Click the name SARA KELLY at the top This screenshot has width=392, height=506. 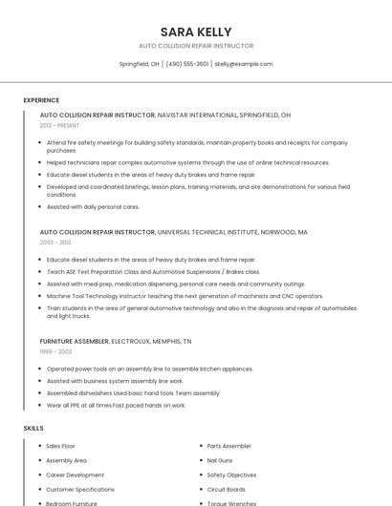coord(196,32)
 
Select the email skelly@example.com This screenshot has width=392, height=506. coord(243,64)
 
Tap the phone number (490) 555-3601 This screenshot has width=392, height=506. coord(186,64)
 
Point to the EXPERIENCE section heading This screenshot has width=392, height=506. coord(41,100)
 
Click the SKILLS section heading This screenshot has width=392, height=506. coord(33,429)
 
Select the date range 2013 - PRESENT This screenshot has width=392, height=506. coord(59,125)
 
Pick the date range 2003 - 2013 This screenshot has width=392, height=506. coord(55,242)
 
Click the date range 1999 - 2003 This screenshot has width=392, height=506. coord(55,351)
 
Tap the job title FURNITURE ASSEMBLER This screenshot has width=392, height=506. coord(74,341)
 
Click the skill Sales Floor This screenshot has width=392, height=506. coord(60,446)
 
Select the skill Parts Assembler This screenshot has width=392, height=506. coord(229,446)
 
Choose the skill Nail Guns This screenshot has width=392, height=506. coord(220,460)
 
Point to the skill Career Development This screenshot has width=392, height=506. coord(75,474)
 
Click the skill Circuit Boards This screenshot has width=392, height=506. coord(226,489)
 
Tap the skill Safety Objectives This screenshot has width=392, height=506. coord(231,474)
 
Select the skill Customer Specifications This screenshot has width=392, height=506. coord(80,489)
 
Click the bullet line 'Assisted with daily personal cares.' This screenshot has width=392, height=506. coord(93,206)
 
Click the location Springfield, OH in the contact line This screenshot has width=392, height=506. coord(139,64)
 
